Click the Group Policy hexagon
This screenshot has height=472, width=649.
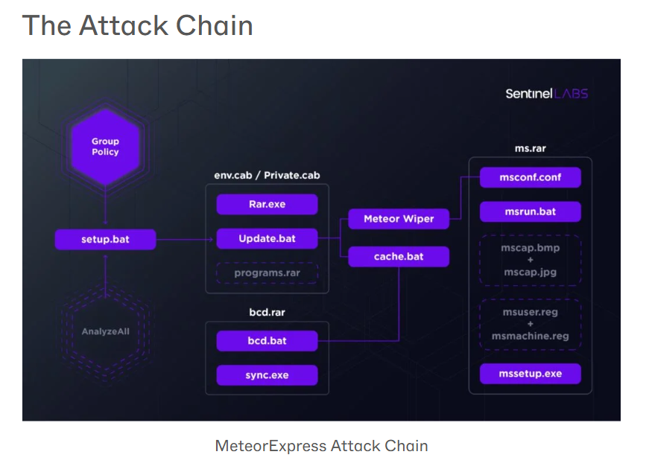pos(105,147)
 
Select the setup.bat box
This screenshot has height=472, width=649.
pos(105,240)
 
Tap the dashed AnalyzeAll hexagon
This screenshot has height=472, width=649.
pos(105,331)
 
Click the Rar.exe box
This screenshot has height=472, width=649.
pos(267,204)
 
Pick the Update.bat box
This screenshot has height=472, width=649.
pos(267,239)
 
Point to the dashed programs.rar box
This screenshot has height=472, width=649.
pos(267,273)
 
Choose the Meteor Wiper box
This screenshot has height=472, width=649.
pos(399,219)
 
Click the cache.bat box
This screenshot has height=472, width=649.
pos(399,257)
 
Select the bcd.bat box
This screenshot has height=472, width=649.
pos(267,341)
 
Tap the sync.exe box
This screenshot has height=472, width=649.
pos(267,375)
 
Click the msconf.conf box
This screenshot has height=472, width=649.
pos(530,178)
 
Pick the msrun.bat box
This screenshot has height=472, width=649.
pos(530,211)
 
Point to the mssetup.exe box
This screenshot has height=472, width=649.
pos(530,373)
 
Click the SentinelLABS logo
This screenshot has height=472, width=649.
pos(546,94)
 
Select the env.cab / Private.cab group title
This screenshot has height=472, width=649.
pos(267,176)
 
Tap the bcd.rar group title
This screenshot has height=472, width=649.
pos(267,312)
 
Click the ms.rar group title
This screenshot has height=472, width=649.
pos(530,148)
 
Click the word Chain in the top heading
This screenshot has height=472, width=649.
pos(215,26)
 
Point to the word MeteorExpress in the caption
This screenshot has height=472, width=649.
pos(270,446)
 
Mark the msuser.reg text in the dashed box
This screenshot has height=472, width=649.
pos(530,313)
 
